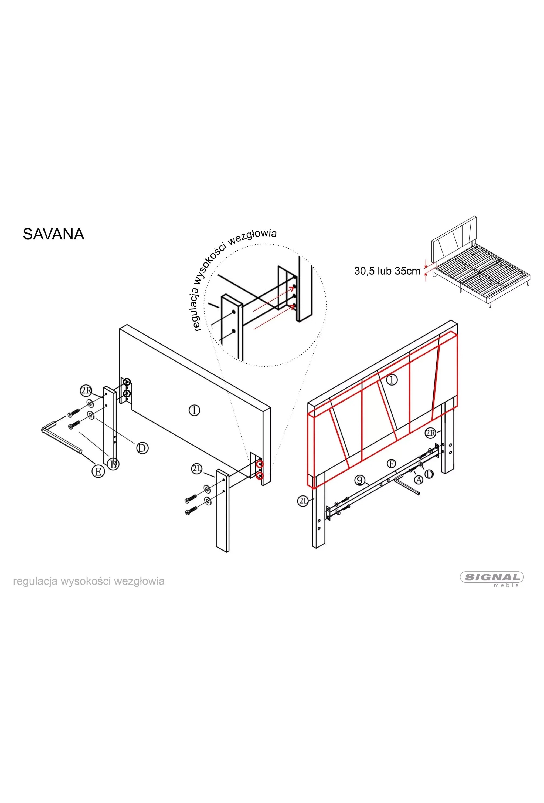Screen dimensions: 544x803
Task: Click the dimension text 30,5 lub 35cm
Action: (x=387, y=271)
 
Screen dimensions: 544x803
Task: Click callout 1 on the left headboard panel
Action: (x=195, y=410)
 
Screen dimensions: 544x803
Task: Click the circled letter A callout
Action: (x=418, y=480)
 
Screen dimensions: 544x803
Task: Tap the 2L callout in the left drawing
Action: (x=196, y=469)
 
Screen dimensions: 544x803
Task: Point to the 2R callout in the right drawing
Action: (x=430, y=433)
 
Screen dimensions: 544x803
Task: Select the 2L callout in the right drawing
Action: (x=303, y=501)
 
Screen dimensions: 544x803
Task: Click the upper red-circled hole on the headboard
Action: (x=259, y=465)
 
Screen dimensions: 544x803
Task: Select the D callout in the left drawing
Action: (x=142, y=448)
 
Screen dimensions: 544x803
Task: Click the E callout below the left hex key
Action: (x=98, y=471)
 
